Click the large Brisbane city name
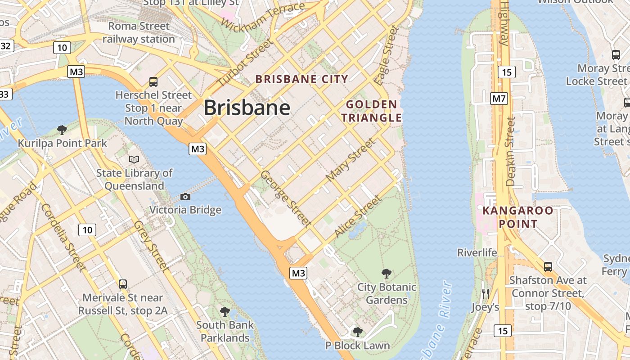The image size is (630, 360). tap(247, 108)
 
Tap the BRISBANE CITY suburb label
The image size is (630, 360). tap(301, 79)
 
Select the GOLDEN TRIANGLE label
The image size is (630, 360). tap(371, 111)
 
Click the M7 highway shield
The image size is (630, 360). tap(499, 98)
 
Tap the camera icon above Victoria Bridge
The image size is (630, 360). tap(185, 197)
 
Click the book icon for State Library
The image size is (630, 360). tap(134, 159)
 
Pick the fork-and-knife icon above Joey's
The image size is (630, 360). tap(485, 293)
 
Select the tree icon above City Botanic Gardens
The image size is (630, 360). tap(386, 273)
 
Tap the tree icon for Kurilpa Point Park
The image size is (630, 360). tap(62, 130)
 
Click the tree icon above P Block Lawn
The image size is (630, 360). tap(357, 332)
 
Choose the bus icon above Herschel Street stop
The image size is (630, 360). tap(153, 81)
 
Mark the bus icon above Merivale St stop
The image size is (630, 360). tap(122, 284)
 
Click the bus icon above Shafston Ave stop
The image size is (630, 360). tap(548, 266)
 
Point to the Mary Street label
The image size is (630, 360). tap(350, 160)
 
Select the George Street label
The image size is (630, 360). tap(286, 198)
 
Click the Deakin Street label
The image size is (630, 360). tap(510, 151)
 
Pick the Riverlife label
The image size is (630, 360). tap(477, 252)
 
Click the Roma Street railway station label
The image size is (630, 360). tap(139, 32)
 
